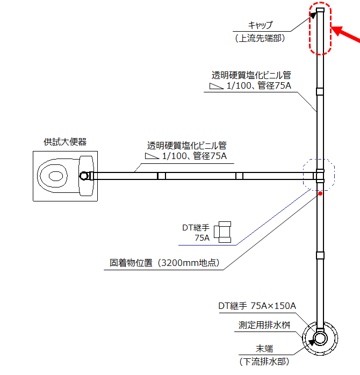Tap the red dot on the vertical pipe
[x=320, y=193]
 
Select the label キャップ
[x=261, y=25]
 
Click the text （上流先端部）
[x=261, y=38]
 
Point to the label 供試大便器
[x=65, y=142]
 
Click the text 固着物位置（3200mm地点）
[x=166, y=264]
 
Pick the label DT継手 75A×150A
[x=257, y=306]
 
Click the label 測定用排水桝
[x=265, y=326]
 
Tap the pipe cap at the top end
[x=320, y=10]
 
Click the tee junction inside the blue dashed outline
[x=320, y=176]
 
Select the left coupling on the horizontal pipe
[x=161, y=176]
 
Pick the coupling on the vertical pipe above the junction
[x=320, y=91]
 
